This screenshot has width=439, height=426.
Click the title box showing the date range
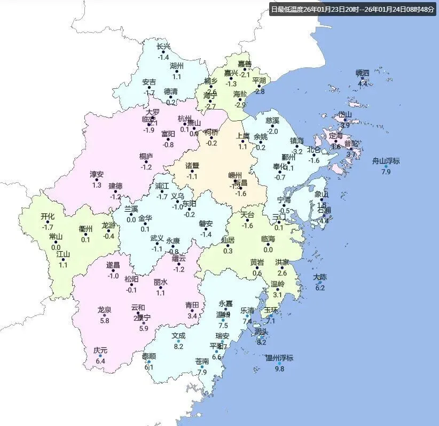(x=352, y=9)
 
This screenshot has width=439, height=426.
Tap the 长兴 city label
(x=163, y=47)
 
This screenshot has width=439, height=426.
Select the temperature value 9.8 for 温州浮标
(x=279, y=369)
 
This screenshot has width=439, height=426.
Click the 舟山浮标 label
(x=386, y=161)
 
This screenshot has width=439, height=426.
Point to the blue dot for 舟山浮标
(x=386, y=166)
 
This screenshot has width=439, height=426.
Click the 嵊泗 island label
(x=363, y=73)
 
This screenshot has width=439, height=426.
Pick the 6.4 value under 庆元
(x=100, y=361)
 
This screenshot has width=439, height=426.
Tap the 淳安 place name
(x=97, y=174)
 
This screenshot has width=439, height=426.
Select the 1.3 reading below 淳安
(x=97, y=184)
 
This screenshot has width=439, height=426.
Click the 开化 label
(x=48, y=216)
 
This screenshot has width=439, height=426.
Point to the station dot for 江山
(x=63, y=260)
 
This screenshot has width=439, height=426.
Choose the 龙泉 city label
(x=105, y=309)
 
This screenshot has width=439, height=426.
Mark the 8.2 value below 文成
(x=178, y=346)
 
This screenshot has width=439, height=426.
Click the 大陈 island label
(x=320, y=277)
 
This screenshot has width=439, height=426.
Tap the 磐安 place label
(x=206, y=223)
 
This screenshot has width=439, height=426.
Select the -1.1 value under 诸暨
(x=192, y=176)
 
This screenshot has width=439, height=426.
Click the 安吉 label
(x=149, y=82)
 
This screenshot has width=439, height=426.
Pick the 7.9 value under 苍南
(x=202, y=372)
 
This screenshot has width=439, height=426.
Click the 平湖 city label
(x=259, y=81)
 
